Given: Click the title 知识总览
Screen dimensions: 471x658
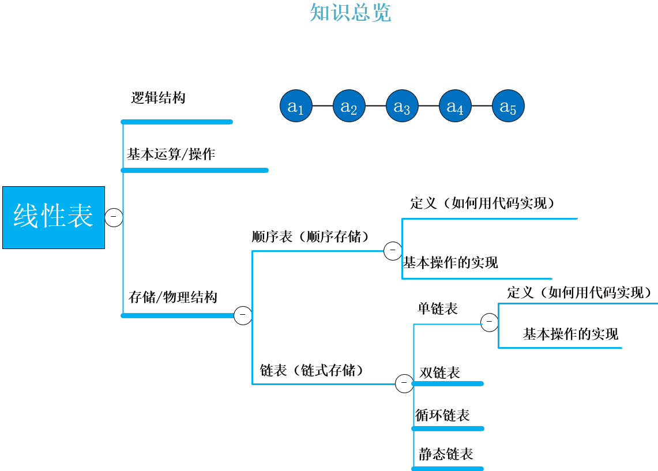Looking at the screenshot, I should [350, 12].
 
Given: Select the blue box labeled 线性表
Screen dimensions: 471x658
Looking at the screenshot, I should [54, 217].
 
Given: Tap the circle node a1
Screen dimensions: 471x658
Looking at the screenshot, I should [296, 106].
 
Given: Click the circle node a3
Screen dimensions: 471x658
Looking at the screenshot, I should [402, 106].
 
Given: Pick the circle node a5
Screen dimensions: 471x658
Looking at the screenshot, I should [508, 106].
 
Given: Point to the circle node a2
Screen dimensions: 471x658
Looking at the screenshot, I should [349, 106].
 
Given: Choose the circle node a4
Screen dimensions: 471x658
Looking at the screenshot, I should [455, 106].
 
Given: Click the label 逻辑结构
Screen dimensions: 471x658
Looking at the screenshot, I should [159, 98].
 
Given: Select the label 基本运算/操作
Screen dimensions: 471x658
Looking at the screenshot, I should [171, 155].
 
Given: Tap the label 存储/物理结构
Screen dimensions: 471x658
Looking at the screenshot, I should [173, 297].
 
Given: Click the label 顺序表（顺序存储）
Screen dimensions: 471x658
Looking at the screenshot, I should [310, 237].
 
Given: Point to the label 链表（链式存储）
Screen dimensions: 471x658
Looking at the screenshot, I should [312, 370].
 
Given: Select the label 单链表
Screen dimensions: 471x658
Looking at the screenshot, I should [438, 309].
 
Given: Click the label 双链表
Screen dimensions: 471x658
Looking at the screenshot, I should [440, 373].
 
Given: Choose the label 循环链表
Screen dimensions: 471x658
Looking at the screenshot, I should [443, 415].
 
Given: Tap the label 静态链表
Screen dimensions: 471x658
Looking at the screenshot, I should [446, 454].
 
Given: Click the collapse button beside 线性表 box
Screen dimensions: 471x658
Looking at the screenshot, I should [114, 217].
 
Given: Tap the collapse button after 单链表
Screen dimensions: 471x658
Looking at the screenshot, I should [489, 322].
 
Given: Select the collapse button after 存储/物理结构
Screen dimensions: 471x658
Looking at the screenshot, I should [243, 315].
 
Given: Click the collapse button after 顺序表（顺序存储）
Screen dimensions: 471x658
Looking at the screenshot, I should [393, 250].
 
